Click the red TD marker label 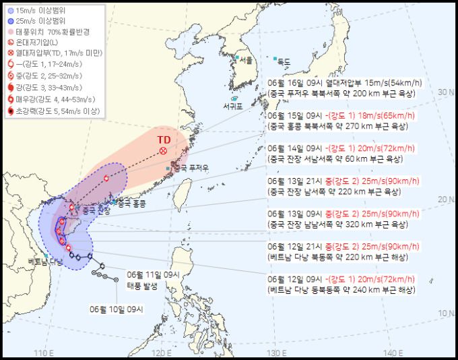(163, 140)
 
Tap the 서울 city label (246, 60)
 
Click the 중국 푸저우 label (188, 168)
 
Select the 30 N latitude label (443, 92)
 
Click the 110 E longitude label (44, 352)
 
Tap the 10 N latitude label (443, 312)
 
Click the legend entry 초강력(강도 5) (54, 111)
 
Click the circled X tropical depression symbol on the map (164, 152)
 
